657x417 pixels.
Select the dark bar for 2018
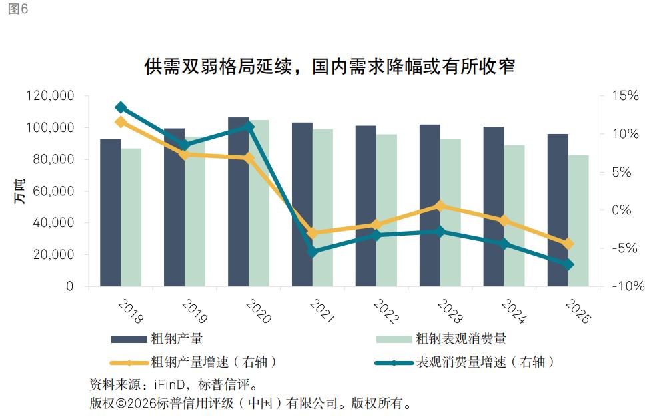click(110, 213)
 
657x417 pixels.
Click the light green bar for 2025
click(578, 221)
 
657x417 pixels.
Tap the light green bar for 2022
click(386, 210)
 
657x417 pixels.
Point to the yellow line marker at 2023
click(440, 206)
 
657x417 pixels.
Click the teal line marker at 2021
click(313, 251)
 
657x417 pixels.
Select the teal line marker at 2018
click(121, 107)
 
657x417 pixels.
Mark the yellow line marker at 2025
click(568, 244)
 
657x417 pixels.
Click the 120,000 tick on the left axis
click(50, 96)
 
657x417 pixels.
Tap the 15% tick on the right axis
click(626, 96)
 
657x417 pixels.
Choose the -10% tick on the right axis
click(626, 286)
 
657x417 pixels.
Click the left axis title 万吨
click(19, 191)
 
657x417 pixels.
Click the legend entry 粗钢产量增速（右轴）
click(213, 362)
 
